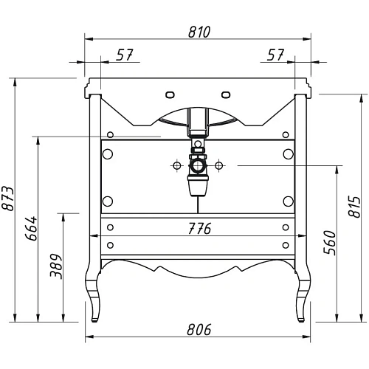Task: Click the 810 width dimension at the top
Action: click(x=199, y=32)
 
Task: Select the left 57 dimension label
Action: click(x=125, y=55)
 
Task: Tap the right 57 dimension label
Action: click(x=275, y=55)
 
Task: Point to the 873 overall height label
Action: click(x=7, y=199)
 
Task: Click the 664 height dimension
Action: click(x=31, y=229)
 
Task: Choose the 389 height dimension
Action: click(x=56, y=266)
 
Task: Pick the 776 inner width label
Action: click(x=199, y=229)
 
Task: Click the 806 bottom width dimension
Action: click(x=199, y=330)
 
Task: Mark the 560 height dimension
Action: click(x=330, y=243)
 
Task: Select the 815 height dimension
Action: click(x=354, y=207)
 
